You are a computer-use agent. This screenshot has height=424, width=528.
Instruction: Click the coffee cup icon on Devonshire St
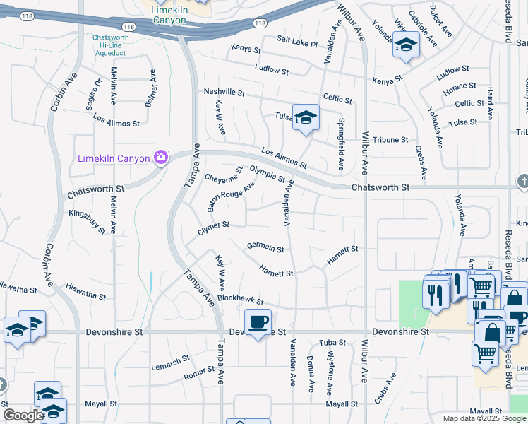[x=258, y=322]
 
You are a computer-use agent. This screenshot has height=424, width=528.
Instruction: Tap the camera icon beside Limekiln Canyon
[x=161, y=156]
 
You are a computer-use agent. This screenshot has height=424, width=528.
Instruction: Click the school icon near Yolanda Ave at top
[x=406, y=45]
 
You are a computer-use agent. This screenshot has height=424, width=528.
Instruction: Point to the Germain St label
[x=265, y=248]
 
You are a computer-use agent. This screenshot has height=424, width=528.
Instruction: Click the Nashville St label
[x=224, y=93]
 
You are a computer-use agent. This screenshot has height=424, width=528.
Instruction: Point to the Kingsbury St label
[x=87, y=221]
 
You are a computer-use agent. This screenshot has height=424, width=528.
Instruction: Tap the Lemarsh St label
[x=170, y=363]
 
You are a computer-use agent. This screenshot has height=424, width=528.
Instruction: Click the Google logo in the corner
[x=23, y=416]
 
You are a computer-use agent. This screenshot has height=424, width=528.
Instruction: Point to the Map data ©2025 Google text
[x=484, y=418]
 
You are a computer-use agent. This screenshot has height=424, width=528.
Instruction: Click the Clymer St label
[x=214, y=228]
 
